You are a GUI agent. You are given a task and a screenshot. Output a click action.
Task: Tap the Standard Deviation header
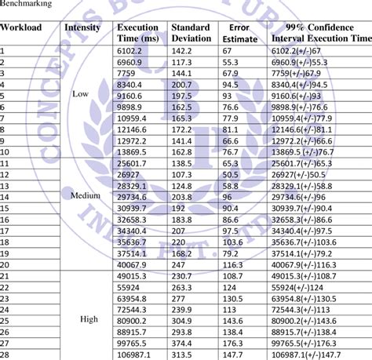[x=189, y=32]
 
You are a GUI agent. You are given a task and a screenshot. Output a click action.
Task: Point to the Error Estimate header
[x=239, y=32]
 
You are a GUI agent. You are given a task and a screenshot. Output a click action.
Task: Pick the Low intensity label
[x=81, y=93]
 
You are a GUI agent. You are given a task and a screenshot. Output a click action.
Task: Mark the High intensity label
[x=89, y=320]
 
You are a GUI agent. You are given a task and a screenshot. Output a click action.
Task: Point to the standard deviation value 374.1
[x=182, y=343]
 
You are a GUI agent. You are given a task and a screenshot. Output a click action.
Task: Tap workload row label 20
[x=5, y=265]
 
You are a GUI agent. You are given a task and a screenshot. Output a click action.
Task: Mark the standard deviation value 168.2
[x=182, y=253]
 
